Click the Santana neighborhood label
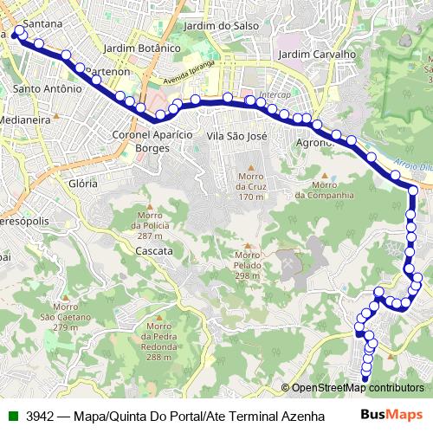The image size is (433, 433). point(42,25)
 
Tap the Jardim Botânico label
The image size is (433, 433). point(139,48)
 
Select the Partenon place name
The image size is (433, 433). point(108,70)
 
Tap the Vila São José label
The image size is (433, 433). point(236,136)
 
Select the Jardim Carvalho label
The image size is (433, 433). point(318,54)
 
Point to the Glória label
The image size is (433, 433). point(83,184)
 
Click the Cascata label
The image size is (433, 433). point(154,250)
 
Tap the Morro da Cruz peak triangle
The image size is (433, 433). point(251,167)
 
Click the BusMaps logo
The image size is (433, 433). point(391,414)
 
